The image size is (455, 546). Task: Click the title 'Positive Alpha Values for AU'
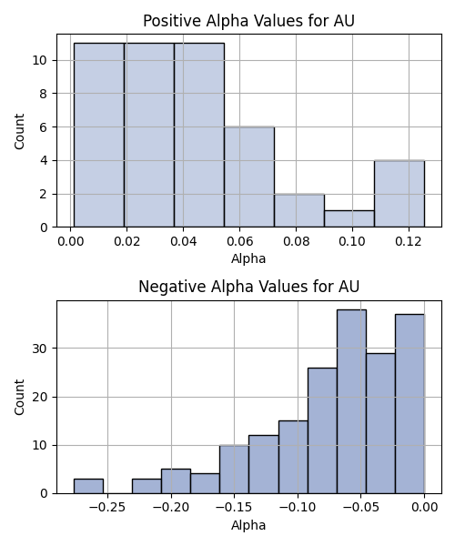click(x=248, y=21)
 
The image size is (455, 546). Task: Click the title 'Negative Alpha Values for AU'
click(x=248, y=287)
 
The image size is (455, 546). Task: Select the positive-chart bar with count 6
click(x=249, y=177)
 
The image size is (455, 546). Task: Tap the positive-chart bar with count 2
click(x=299, y=210)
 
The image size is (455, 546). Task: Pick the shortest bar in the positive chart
click(x=349, y=218)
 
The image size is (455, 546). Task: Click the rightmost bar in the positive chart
click(x=399, y=194)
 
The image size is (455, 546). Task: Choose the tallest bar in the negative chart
click(x=351, y=401)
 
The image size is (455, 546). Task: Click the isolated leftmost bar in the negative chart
click(x=88, y=486)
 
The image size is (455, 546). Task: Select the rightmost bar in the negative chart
click(x=409, y=404)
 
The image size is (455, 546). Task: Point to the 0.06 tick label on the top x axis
click(x=239, y=241)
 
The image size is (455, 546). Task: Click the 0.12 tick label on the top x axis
click(x=409, y=241)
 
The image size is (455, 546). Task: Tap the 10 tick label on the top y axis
click(x=39, y=60)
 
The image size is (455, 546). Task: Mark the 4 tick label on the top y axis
click(x=43, y=160)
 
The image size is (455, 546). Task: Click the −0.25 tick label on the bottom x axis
click(x=107, y=508)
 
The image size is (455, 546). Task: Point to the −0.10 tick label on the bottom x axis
click(x=298, y=508)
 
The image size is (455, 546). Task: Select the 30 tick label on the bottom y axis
click(x=39, y=349)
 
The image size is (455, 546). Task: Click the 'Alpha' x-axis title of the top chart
click(x=248, y=258)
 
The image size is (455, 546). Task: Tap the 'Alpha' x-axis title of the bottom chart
click(x=248, y=525)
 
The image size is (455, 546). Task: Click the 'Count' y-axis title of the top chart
click(x=19, y=131)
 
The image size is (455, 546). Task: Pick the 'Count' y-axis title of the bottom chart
click(x=19, y=397)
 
